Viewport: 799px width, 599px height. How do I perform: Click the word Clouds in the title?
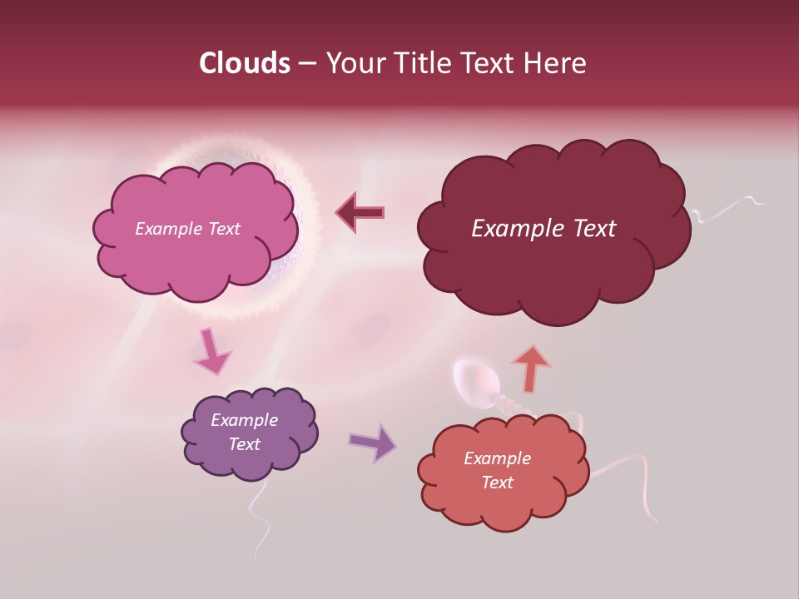coord(245,63)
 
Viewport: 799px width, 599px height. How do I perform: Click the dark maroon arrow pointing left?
coord(360,213)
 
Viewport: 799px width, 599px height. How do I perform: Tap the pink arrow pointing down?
coord(212,351)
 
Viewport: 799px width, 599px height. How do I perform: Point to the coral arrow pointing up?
coord(532,368)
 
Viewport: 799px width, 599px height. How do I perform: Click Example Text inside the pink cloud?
coord(187,229)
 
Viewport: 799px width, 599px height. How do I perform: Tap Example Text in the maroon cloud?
coord(543,229)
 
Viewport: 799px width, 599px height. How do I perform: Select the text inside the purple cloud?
coord(244,432)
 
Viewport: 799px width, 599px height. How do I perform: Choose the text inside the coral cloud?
coord(497,470)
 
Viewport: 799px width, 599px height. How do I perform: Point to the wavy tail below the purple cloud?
coord(261,520)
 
